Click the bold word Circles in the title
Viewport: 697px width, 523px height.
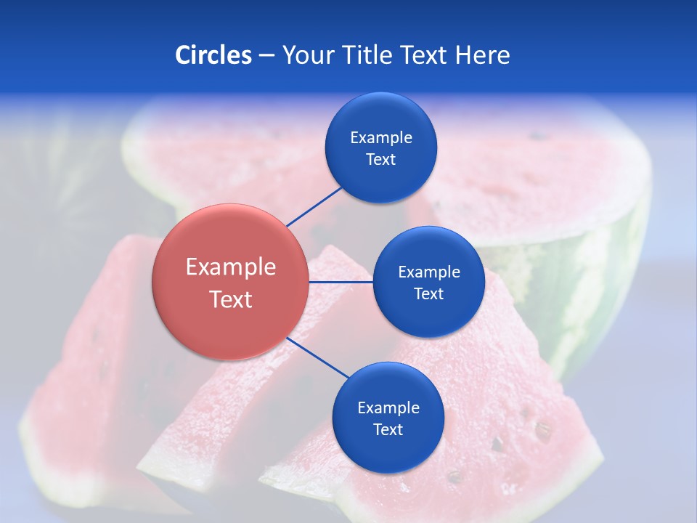(x=213, y=55)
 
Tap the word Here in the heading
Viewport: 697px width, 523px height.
(x=482, y=55)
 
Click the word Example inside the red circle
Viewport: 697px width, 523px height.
(x=231, y=267)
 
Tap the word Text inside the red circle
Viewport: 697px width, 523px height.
(x=231, y=299)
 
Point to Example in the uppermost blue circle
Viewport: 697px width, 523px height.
(x=380, y=137)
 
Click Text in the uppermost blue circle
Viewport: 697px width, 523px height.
(x=380, y=159)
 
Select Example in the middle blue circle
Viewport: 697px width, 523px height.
(x=428, y=272)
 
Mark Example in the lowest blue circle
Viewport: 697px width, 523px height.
(x=388, y=408)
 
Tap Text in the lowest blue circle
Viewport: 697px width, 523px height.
(x=388, y=429)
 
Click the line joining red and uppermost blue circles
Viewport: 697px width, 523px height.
(x=314, y=206)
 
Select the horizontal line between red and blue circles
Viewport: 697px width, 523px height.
(x=341, y=282)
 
